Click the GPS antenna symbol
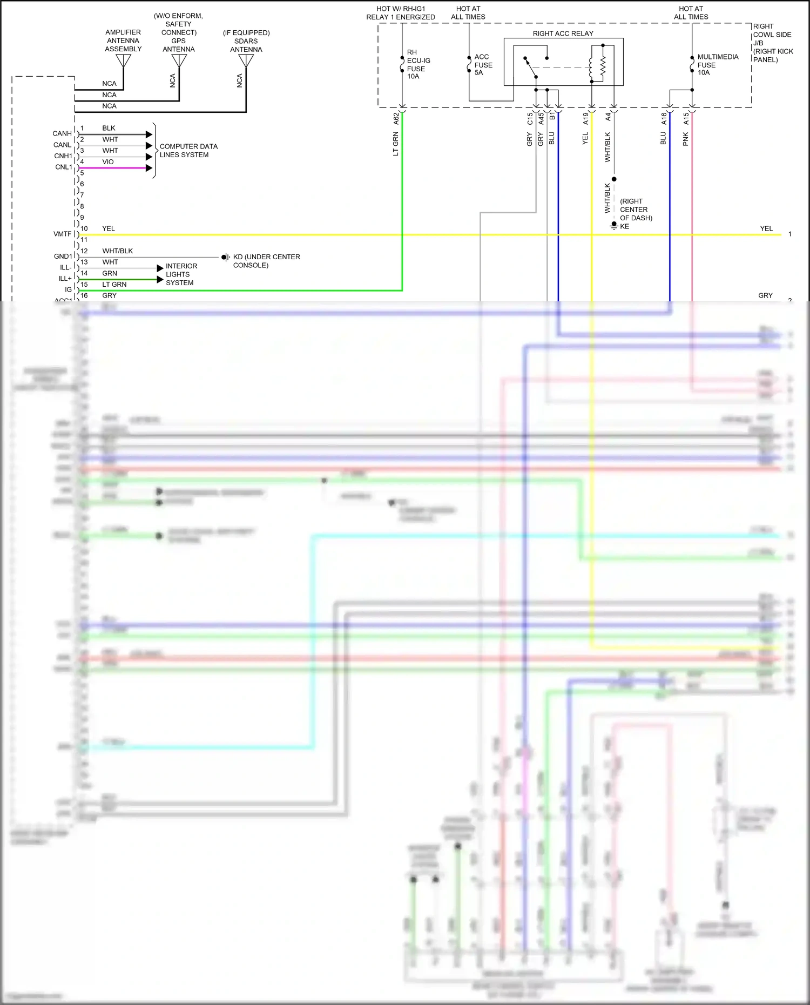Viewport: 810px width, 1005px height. click(x=179, y=60)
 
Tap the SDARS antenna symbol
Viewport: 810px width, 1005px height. click(x=246, y=60)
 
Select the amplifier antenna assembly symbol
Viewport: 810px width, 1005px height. click(x=124, y=60)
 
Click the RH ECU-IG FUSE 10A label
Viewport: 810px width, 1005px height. click(x=418, y=64)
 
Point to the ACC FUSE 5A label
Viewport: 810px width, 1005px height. click(x=483, y=65)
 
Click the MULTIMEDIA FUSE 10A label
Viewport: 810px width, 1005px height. click(x=717, y=64)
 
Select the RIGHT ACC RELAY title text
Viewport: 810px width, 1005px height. click(x=563, y=33)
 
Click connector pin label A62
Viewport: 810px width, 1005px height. click(x=396, y=118)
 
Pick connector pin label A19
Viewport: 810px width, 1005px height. click(x=585, y=118)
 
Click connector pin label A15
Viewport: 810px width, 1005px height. click(x=686, y=118)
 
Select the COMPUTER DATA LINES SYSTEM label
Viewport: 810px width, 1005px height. click(x=188, y=150)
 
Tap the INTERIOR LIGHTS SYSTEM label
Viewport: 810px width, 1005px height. click(x=181, y=274)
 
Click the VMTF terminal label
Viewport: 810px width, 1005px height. click(x=62, y=234)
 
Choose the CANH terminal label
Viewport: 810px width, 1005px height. click(x=62, y=133)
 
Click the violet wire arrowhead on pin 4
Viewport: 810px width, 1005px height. click(x=149, y=168)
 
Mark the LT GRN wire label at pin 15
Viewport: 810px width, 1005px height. click(x=114, y=284)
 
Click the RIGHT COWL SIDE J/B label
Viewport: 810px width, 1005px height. click(x=772, y=43)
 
